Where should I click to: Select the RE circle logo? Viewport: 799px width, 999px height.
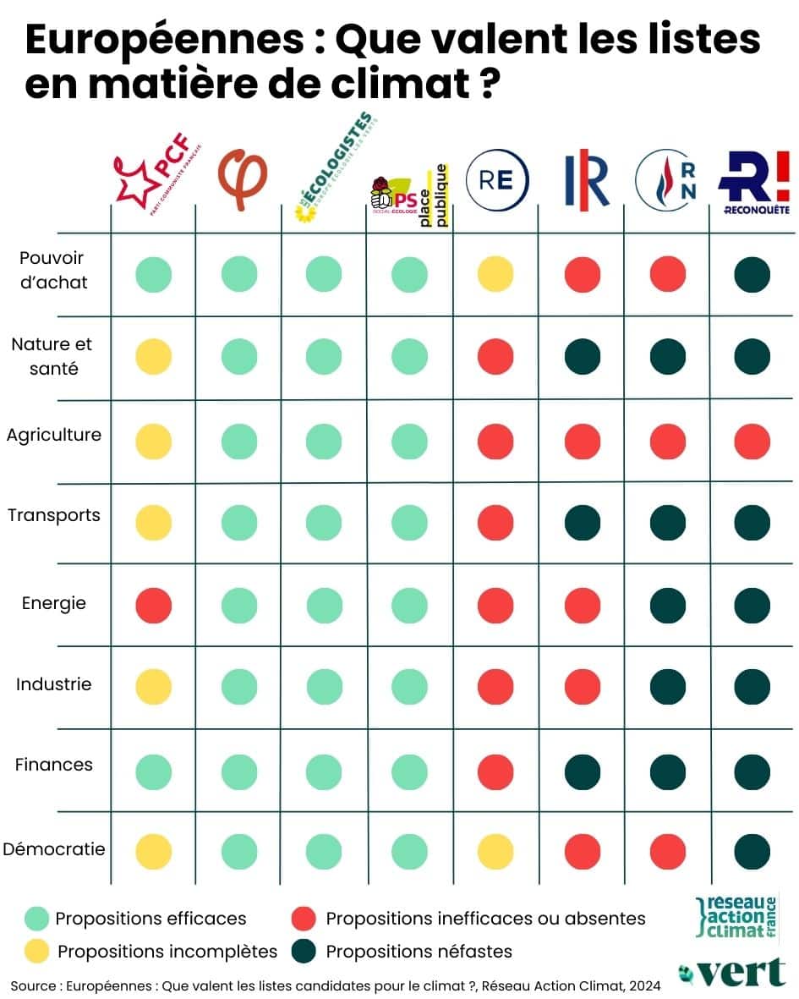[x=496, y=179]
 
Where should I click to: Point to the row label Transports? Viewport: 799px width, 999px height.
[x=53, y=515]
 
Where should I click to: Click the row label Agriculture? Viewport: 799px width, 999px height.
[x=53, y=435]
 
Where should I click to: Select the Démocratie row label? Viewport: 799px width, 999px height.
[x=53, y=848]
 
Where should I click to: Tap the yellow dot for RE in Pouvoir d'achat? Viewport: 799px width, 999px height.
[x=495, y=275]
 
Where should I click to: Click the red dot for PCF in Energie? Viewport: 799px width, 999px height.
[x=154, y=605]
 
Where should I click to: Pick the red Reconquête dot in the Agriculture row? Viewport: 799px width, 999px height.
[x=752, y=441]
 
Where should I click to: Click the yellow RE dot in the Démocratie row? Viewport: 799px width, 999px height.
[x=495, y=852]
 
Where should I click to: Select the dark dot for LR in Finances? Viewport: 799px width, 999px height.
[x=582, y=771]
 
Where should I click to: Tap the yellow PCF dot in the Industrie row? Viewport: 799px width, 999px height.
[x=154, y=687]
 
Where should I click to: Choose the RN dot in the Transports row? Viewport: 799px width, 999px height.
[x=667, y=523]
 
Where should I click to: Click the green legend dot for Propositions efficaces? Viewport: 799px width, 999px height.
[x=36, y=919]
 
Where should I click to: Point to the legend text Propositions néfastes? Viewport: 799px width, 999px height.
[x=419, y=951]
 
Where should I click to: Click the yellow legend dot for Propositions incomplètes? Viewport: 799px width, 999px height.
[x=36, y=951]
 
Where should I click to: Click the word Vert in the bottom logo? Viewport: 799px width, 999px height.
[x=741, y=973]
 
